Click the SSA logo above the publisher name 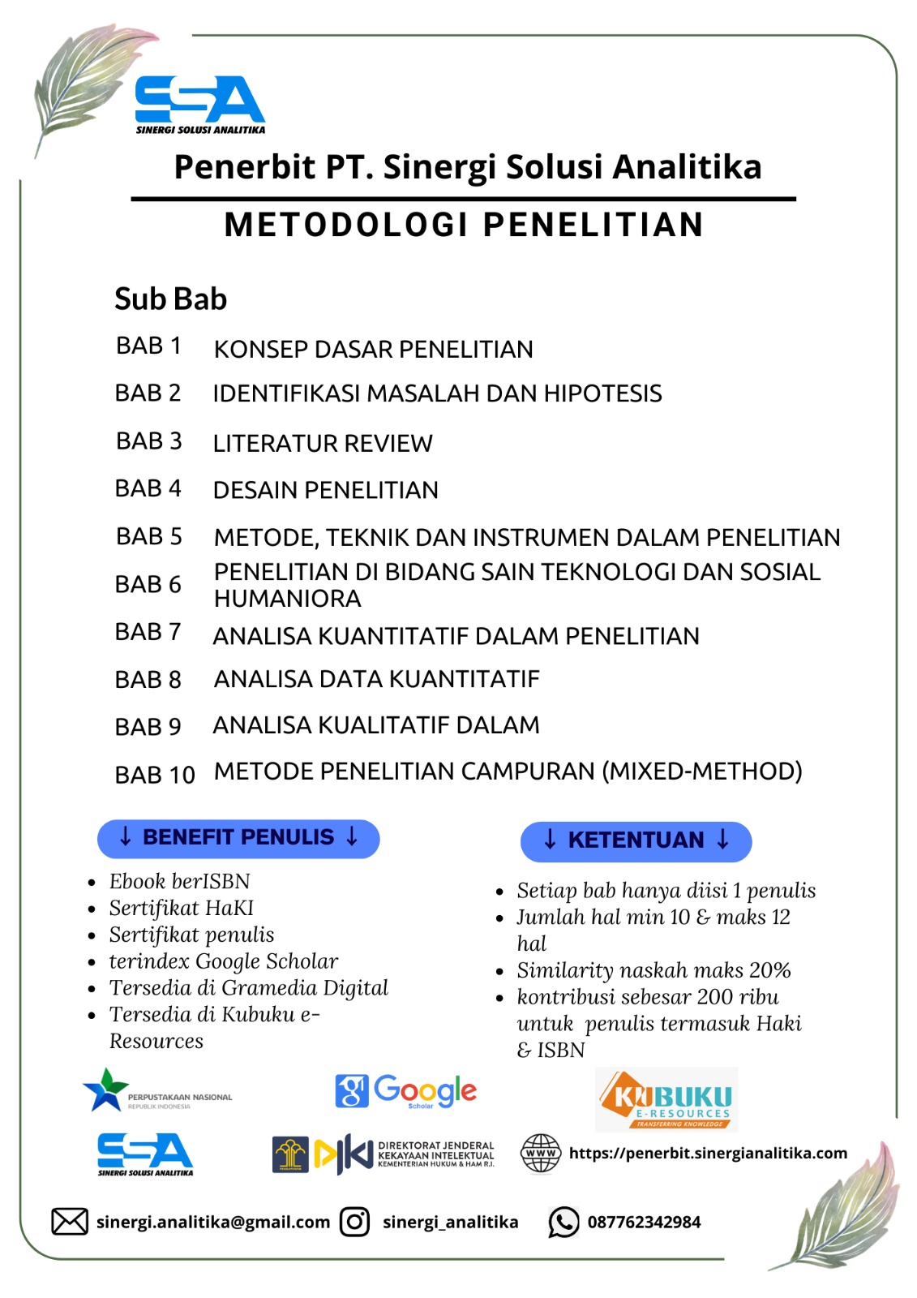tap(199, 104)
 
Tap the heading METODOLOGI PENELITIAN tap(464, 225)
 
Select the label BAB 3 tap(149, 441)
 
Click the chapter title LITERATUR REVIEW tap(323, 444)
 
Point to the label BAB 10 tap(155, 775)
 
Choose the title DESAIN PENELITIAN tap(325, 490)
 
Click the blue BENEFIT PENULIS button tap(238, 838)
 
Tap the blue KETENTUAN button tap(636, 840)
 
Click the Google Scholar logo tap(406, 1091)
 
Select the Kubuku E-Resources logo tap(666, 1099)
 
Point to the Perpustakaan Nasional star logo tap(107, 1090)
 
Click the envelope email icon tap(70, 1221)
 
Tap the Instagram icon tap(354, 1221)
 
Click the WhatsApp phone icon tap(563, 1222)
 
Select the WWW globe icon tap(541, 1153)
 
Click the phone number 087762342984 tap(644, 1222)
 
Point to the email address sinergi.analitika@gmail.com tap(213, 1222)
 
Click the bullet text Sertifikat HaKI tap(182, 908)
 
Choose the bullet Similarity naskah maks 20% tap(653, 970)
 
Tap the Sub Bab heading tap(170, 299)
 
